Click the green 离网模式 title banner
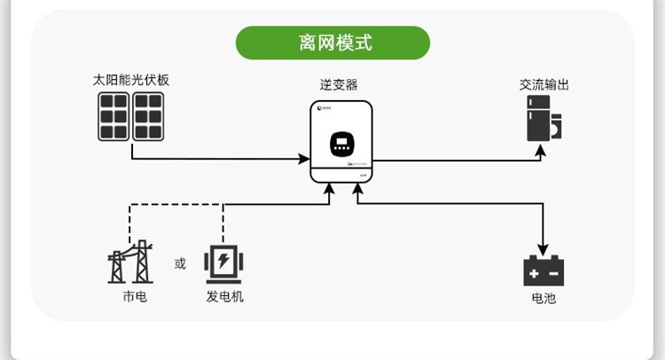coord(332,42)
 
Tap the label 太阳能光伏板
coord(130,80)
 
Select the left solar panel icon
coord(113,116)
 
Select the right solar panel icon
coord(148,116)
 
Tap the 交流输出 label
coord(544,85)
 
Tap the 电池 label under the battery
coord(544,298)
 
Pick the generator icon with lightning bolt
coord(223,262)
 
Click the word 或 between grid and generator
coord(181,263)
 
